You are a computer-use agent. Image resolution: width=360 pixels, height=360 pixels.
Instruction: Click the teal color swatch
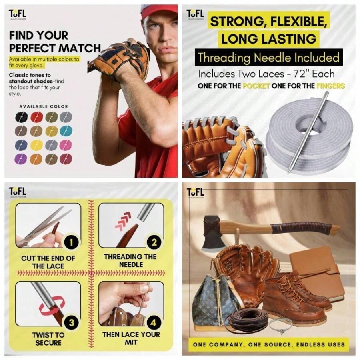coord(66,130)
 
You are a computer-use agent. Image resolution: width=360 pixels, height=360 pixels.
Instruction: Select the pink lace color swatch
coord(66,145)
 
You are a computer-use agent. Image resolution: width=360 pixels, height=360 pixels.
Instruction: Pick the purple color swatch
coord(22,159)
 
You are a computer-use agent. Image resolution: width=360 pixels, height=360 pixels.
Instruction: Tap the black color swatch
coord(22,117)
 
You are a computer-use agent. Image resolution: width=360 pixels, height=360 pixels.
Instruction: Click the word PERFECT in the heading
coord(34,48)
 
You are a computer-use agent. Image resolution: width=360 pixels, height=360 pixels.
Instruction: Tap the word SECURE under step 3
coord(48,343)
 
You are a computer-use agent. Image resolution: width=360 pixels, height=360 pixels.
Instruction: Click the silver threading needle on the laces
coord(308,132)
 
